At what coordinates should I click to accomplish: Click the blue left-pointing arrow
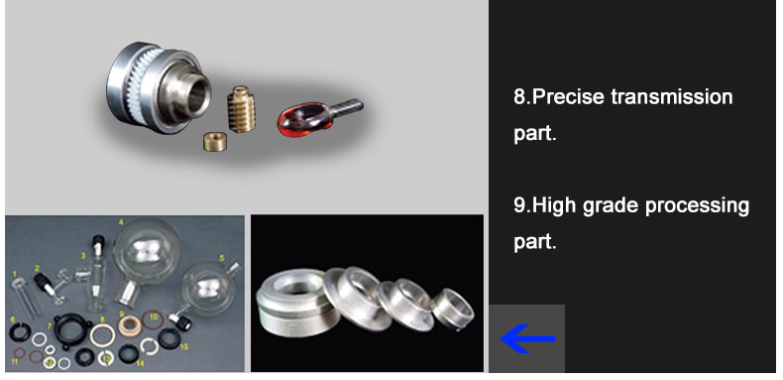527,338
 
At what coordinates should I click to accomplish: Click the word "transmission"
672,96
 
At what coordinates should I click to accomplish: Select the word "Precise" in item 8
568,96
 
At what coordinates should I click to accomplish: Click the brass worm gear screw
242,108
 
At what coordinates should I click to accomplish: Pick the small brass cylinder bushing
215,142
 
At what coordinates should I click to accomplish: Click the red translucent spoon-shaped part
305,118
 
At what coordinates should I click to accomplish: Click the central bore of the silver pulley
198,93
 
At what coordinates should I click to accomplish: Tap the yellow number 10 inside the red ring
154,317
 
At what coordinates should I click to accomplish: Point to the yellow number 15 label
183,346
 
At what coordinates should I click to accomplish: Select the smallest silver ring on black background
453,309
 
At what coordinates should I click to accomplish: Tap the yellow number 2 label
37,269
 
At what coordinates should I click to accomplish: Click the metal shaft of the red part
346,107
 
